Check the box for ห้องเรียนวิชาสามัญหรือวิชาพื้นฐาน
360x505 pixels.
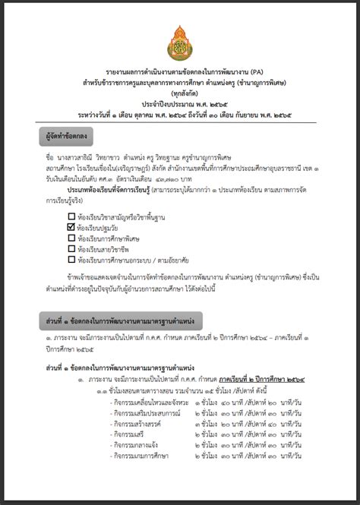[x=71, y=215]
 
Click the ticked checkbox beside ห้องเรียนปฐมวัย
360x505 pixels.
[x=71, y=226]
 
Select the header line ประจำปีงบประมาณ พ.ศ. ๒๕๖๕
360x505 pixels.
[x=180, y=103]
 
